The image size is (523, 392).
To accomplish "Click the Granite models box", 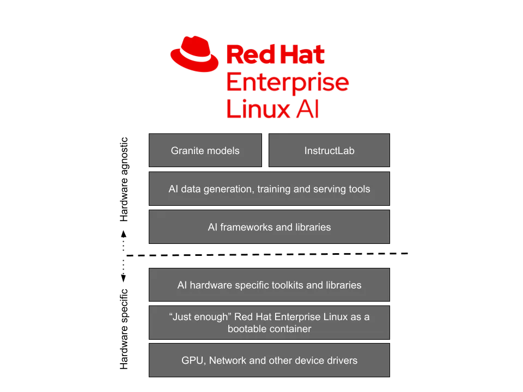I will pyautogui.click(x=205, y=151).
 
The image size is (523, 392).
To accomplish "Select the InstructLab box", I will pyautogui.click(x=329, y=151).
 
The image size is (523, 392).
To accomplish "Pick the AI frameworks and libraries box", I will pyautogui.click(x=270, y=227).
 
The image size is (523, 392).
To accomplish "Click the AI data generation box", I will pyautogui.click(x=270, y=189).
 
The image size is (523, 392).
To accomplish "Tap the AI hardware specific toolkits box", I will pyautogui.click(x=270, y=285).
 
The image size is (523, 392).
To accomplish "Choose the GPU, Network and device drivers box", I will pyautogui.click(x=270, y=360).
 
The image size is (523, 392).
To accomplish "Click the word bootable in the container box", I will pyautogui.click(x=247, y=329).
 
